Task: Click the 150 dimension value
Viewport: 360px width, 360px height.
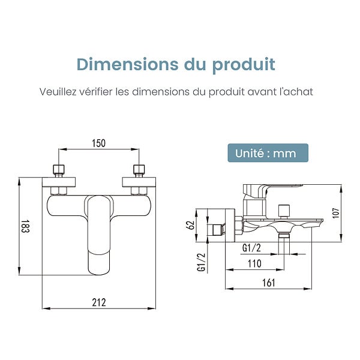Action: pyautogui.click(x=99, y=143)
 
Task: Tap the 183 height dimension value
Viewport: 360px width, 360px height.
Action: pyautogui.click(x=25, y=226)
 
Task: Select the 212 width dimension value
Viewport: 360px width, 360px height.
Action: pyautogui.click(x=99, y=302)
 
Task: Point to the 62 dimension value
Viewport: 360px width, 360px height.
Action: pyautogui.click(x=190, y=225)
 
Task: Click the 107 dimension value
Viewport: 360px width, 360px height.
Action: pyautogui.click(x=335, y=213)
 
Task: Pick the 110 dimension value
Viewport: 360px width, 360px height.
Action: pyautogui.click(x=254, y=263)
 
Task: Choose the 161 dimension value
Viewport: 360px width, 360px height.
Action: pyautogui.click(x=268, y=283)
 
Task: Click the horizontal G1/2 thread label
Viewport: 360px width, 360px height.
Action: pyautogui.click(x=251, y=248)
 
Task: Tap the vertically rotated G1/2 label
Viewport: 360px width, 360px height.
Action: pyautogui.click(x=202, y=262)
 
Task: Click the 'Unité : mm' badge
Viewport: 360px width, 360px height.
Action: pyautogui.click(x=268, y=153)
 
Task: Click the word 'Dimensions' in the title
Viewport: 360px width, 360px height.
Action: pyautogui.click(x=127, y=64)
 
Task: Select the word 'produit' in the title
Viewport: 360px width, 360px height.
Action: pyautogui.click(x=244, y=65)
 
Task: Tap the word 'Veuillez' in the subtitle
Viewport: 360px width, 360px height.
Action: pyautogui.click(x=58, y=92)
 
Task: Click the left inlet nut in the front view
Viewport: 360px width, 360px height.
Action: pyautogui.click(x=59, y=170)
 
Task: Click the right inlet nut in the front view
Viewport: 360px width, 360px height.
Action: pyautogui.click(x=139, y=170)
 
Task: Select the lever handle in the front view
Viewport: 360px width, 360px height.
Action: pyautogui.click(x=99, y=235)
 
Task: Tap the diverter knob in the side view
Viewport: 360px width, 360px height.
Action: pyautogui.click(x=284, y=210)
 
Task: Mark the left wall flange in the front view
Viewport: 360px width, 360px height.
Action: pyautogui.click(x=59, y=182)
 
